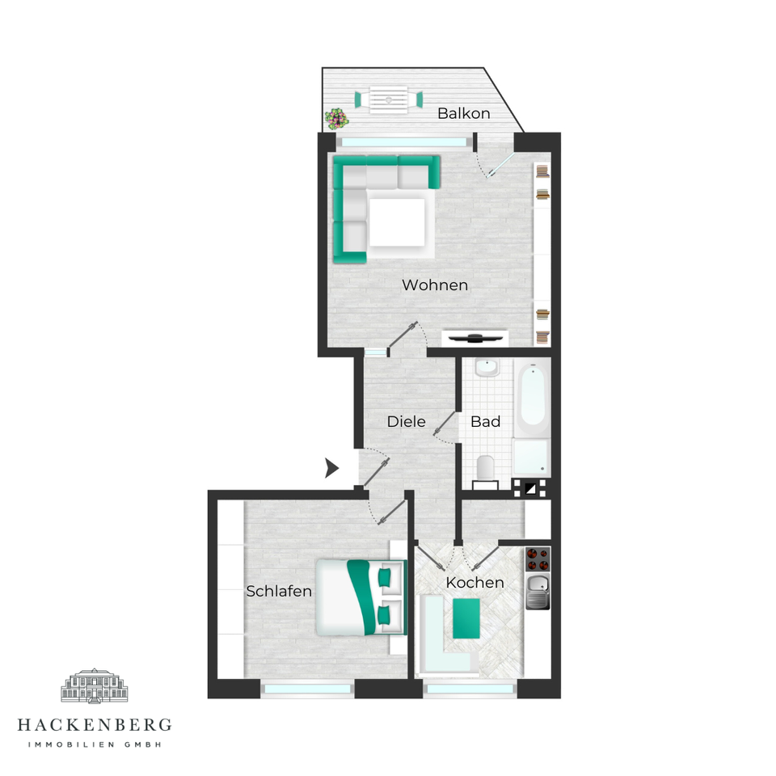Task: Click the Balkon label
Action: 464,113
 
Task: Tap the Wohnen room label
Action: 435,285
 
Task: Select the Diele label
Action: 407,422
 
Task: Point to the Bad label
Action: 486,422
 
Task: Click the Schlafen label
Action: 279,591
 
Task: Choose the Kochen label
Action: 475,583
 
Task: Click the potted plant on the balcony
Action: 336,119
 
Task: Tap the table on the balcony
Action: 389,99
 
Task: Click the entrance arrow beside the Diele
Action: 331,468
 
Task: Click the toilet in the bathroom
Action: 486,468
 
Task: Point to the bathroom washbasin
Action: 487,368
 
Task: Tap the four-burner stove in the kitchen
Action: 538,559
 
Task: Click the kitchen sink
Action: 538,592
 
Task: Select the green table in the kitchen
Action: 466,618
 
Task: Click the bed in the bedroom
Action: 361,597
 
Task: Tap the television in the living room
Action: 475,338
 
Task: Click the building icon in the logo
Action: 95,685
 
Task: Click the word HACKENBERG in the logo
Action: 95,726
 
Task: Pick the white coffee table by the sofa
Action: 398,222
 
